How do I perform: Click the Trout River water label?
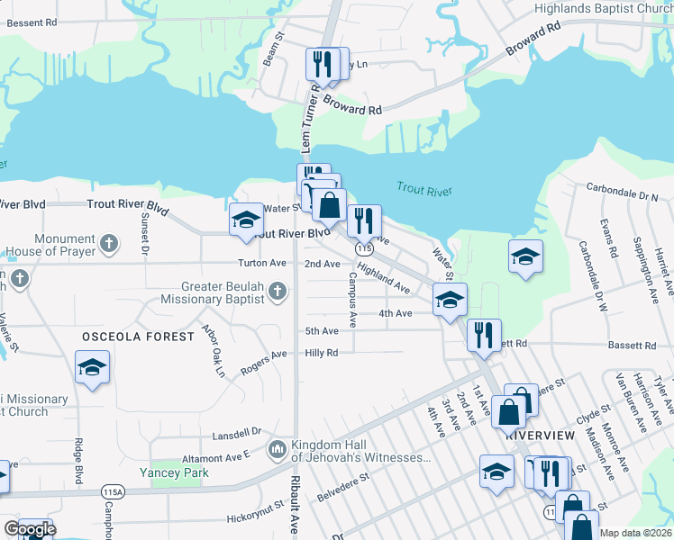point(424,190)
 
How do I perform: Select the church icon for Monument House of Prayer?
point(109,243)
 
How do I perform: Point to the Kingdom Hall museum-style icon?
point(278,448)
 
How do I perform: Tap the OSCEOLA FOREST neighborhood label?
point(138,337)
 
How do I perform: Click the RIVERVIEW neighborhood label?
point(540,435)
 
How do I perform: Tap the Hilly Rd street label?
point(321,353)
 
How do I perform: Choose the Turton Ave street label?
point(261,264)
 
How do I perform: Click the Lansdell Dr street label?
point(236,433)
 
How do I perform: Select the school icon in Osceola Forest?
point(92,368)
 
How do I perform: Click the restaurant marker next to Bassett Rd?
point(484,335)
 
